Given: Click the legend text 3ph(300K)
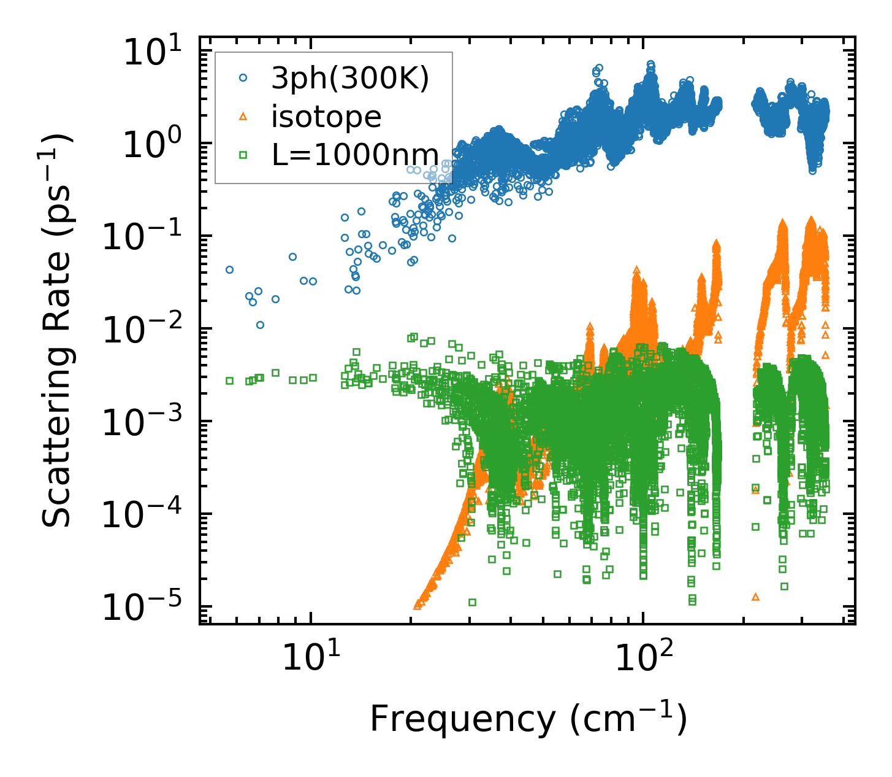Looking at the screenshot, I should [x=350, y=79].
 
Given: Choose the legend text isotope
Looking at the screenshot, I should [x=326, y=117].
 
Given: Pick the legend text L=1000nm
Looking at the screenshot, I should [x=355, y=155].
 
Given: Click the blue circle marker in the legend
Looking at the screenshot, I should [x=243, y=78].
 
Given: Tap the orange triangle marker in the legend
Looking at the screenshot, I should [x=243, y=116].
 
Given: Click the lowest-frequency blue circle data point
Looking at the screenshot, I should [x=229, y=269].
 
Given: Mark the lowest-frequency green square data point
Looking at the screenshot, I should [x=229, y=381].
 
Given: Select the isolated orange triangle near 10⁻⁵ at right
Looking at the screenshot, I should [x=755, y=597].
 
